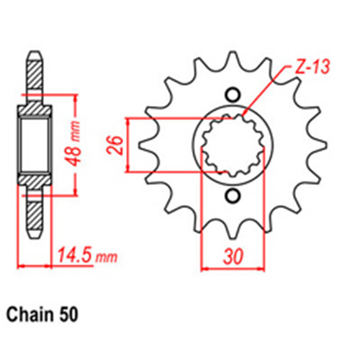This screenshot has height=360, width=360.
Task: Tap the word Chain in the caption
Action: coord(28,315)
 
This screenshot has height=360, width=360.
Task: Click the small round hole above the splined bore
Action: coord(232,94)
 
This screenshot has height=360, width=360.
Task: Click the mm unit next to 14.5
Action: coord(106,257)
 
